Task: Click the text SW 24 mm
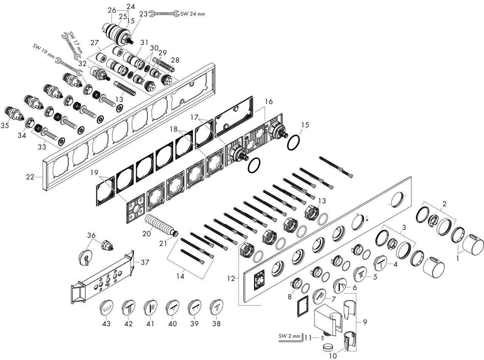coord(192,14)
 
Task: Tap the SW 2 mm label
coord(290,336)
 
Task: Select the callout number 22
coord(30,177)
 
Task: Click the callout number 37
coord(145,262)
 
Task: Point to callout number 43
coord(106,323)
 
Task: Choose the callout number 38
coord(216,323)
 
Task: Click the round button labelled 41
coord(150,307)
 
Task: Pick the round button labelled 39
coord(194,307)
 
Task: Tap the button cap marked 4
coord(380,263)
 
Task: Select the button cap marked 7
coord(320,296)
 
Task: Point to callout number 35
coord(5,125)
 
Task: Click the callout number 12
coord(231,279)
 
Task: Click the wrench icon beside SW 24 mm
coord(164,14)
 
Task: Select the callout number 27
coord(95,43)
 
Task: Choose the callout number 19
coord(95,173)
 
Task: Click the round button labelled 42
coord(128,307)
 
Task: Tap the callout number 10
coord(333,356)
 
